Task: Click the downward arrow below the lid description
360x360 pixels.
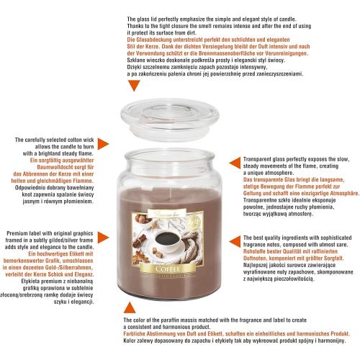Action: (x=134, y=85)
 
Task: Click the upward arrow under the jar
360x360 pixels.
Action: (x=130, y=308)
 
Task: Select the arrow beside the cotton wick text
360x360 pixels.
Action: (x=103, y=144)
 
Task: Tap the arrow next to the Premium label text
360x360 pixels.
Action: (x=103, y=238)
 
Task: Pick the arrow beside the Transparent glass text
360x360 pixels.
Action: (x=235, y=163)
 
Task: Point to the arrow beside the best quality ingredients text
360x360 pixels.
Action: (x=235, y=241)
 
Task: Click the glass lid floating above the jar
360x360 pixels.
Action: (x=170, y=119)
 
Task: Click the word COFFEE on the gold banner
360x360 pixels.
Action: (x=168, y=269)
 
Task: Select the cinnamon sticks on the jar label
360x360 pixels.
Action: (x=140, y=240)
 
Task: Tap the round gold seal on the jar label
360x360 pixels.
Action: (x=195, y=220)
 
